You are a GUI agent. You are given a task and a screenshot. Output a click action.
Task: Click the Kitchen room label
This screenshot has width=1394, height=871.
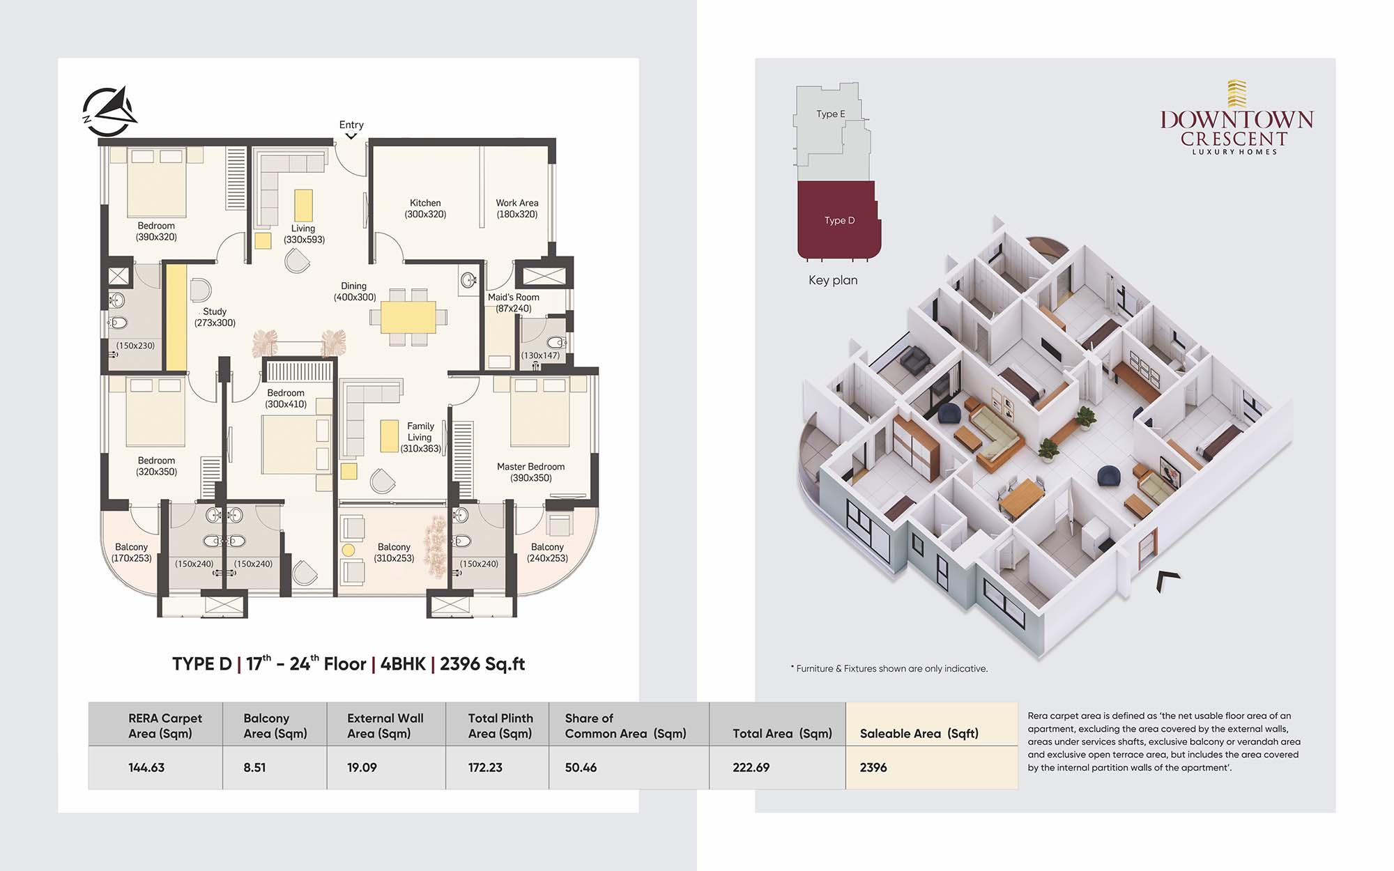click(425, 208)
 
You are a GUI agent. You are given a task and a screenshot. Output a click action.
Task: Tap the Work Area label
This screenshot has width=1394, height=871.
click(517, 208)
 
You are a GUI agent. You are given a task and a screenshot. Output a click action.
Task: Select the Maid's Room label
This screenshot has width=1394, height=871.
click(514, 302)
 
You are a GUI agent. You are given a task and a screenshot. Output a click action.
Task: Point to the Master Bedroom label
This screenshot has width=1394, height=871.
click(531, 472)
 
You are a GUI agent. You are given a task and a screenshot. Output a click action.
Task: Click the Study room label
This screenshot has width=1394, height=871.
click(215, 317)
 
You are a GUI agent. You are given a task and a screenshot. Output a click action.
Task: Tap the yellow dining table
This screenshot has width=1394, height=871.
click(408, 317)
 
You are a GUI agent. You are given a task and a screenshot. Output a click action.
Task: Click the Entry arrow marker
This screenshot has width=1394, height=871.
click(351, 136)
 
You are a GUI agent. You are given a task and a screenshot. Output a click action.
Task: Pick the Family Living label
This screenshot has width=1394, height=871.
click(420, 437)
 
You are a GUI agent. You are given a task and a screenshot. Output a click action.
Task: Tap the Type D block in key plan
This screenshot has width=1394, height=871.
click(839, 219)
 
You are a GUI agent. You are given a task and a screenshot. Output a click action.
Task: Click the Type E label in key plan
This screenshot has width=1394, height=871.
click(831, 114)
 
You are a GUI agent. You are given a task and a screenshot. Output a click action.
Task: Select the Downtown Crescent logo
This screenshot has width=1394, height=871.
click(1236, 118)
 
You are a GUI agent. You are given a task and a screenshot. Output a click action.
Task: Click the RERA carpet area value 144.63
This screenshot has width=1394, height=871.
click(146, 767)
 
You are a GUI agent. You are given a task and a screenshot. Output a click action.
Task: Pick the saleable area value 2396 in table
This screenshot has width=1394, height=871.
click(873, 767)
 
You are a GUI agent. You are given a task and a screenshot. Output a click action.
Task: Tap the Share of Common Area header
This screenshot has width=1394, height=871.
click(625, 725)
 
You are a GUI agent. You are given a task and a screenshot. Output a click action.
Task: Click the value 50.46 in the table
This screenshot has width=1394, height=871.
click(581, 767)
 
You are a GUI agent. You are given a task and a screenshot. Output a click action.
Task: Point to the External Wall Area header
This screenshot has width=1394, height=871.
click(385, 725)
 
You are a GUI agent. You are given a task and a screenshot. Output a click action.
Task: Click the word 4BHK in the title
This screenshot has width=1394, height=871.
click(403, 664)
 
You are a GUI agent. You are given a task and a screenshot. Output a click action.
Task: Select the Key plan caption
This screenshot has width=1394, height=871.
click(833, 280)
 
